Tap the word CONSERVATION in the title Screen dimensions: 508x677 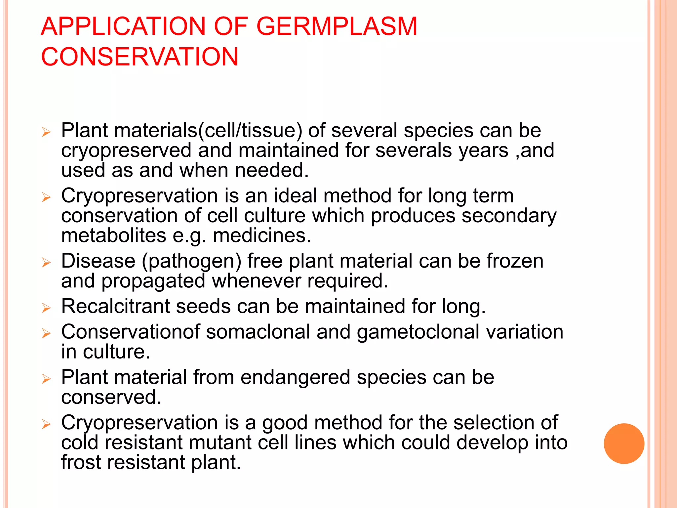[x=139, y=57]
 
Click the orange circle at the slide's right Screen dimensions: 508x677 [x=624, y=444]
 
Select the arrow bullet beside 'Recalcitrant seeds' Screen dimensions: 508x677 [x=46, y=308]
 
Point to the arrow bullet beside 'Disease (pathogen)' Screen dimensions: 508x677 [x=46, y=263]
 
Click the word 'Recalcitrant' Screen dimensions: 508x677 [x=115, y=306]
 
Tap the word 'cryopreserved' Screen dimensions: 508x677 [x=126, y=151]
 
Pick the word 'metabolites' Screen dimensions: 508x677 [x=114, y=236]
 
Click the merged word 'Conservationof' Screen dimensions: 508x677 [x=131, y=332]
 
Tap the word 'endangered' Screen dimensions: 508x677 [x=295, y=377]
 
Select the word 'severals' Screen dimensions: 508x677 [x=414, y=151]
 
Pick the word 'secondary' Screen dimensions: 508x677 [x=509, y=216]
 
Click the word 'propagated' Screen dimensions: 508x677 [x=153, y=281]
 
